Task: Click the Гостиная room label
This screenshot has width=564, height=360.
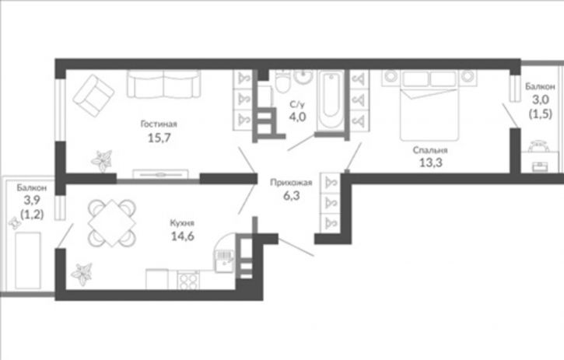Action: pos(159,124)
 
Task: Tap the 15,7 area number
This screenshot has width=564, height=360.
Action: pos(159,138)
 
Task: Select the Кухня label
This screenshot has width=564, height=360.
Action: pos(182,223)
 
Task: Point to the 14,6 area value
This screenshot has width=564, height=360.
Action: pos(182,236)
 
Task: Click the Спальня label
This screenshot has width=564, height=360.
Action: pos(430,150)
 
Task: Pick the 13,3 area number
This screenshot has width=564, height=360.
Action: pos(430,163)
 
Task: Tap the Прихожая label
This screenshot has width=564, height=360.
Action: pos(291,183)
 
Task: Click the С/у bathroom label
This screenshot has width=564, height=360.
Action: pos(297,105)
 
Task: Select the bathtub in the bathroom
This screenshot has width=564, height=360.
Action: pos(331,100)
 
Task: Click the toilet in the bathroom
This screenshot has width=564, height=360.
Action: pos(282,82)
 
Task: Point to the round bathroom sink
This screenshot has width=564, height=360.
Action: pos(303,77)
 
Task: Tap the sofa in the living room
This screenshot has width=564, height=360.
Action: pos(163,84)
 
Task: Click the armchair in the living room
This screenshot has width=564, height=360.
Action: pos(93,96)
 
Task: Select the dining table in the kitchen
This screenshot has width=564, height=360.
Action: pos(112,223)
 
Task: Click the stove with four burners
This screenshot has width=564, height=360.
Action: pos(188,279)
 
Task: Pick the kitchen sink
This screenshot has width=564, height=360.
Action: pos(224,260)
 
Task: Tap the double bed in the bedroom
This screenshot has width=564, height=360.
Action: pos(429,105)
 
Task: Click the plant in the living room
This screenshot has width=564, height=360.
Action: pos(102,160)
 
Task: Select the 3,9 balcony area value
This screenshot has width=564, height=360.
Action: pos(32,200)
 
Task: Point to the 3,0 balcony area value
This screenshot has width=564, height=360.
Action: pos(540,100)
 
